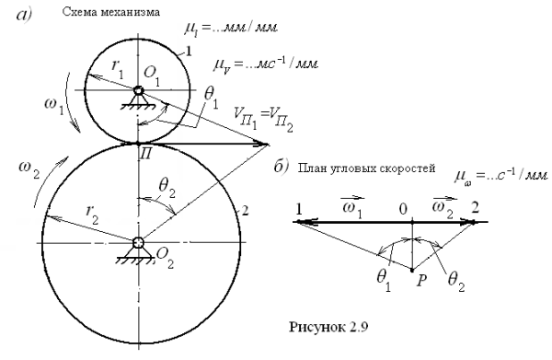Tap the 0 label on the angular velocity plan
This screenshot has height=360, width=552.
pos(415,208)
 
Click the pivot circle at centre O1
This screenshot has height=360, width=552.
pos(137,90)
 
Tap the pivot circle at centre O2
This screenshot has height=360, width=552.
pos(137,242)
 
